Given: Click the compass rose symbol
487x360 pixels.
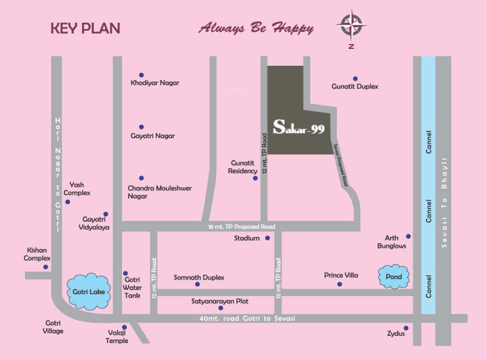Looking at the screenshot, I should [x=351, y=25].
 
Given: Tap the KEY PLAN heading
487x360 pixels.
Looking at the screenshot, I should [x=85, y=28].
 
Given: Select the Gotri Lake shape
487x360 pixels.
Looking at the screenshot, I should [x=89, y=292].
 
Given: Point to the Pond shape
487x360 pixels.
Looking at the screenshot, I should [x=393, y=277].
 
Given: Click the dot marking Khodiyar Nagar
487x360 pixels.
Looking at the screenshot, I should [x=141, y=75].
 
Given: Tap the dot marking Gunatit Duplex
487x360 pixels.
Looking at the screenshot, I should [x=355, y=78].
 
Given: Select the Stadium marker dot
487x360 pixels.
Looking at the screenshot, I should [x=267, y=238].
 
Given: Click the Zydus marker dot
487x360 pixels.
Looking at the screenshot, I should [x=406, y=328].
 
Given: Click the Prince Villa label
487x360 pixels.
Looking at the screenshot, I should [x=341, y=275].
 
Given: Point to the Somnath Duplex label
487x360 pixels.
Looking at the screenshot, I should [x=199, y=277].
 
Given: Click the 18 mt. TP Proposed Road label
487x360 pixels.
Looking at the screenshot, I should [x=241, y=227].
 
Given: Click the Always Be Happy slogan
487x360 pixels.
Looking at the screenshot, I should [x=256, y=28].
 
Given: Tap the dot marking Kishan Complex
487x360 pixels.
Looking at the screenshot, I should [x=46, y=267].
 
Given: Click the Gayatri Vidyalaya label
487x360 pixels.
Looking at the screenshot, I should [x=96, y=224].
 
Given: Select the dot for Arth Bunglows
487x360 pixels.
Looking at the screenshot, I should [x=409, y=236].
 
